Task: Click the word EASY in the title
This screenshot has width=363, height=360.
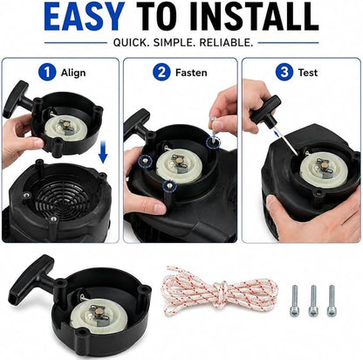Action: coord(85,17)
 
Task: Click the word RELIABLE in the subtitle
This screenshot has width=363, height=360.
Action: coord(226,43)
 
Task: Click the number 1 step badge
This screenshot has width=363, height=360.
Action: coord(47,72)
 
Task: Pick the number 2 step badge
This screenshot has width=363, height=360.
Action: coord(161,72)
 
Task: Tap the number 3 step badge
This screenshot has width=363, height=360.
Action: coord(284,72)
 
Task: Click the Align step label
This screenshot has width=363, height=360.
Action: coord(73,73)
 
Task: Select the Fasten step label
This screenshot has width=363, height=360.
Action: coord(191,73)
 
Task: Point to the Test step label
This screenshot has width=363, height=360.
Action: coord(308,73)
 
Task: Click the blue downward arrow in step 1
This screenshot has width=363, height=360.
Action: coord(103,151)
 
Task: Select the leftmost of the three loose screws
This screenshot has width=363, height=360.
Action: coord(294,301)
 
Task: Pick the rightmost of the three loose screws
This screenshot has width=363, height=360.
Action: coord(331,301)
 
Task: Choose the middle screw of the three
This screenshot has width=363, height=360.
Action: coord(312,301)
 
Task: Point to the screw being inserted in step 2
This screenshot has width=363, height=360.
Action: coord(214,128)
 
